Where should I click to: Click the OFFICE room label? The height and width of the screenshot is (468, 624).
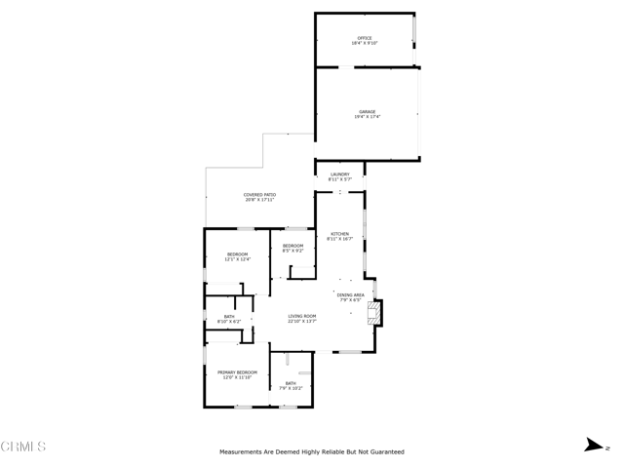coord(365,38)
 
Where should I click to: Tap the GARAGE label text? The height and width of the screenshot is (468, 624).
coord(366,111)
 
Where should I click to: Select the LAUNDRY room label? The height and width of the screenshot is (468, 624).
coord(339,175)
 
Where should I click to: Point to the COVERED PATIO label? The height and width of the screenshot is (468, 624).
coord(259,194)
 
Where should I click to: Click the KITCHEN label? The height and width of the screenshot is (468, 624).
coord(339,234)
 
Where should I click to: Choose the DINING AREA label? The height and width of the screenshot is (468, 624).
coord(351,294)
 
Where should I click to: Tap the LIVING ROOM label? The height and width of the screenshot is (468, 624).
coord(301,316)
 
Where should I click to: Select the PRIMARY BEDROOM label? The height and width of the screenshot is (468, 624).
coord(237,371)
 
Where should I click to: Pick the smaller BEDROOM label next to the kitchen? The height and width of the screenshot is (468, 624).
coord(292,245)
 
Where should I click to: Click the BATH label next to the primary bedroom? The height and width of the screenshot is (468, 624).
coord(290,383)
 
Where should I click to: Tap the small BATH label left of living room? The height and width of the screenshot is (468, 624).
coord(227,316)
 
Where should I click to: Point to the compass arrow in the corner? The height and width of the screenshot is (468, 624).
coord(591,446)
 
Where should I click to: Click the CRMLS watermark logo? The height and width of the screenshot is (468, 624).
coord(23,447)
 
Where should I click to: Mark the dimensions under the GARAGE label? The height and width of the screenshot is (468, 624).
coord(366,117)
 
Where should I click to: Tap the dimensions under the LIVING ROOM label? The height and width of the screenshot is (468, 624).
coord(301,322)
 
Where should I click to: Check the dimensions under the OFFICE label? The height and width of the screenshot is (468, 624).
coord(365,44)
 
